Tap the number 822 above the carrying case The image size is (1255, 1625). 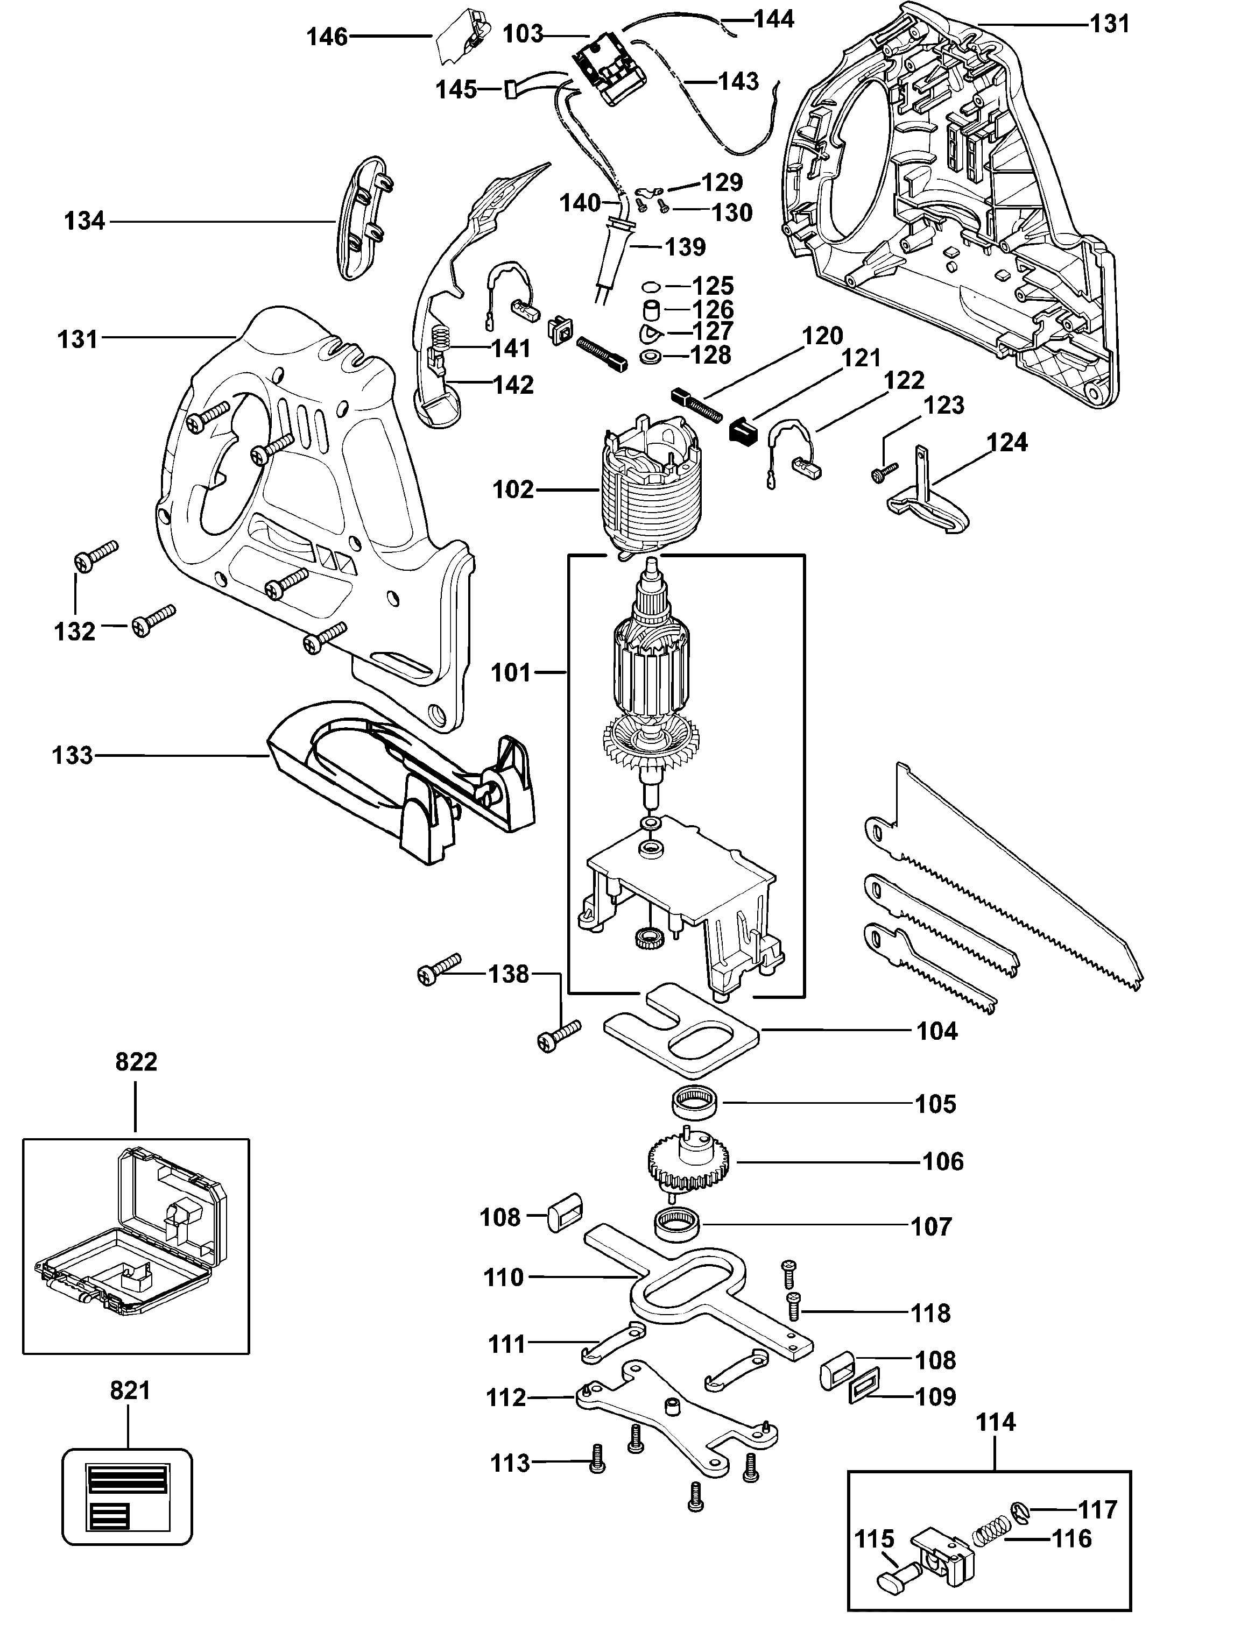[136, 1062]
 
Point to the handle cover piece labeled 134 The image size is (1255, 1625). [367, 217]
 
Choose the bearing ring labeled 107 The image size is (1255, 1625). [678, 1225]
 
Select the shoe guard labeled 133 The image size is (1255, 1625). [400, 782]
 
